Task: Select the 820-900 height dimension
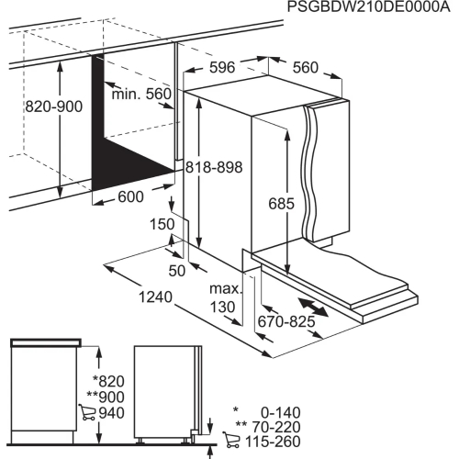(54, 107)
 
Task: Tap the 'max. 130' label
(225, 298)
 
